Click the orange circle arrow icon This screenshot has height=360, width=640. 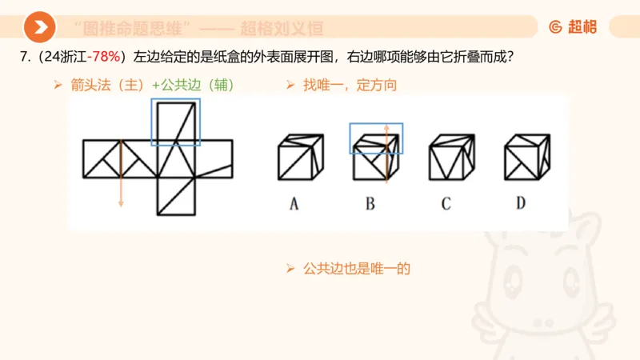(38, 27)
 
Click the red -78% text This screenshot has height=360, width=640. (104, 58)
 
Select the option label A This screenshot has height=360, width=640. (294, 203)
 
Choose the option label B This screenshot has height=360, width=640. (370, 203)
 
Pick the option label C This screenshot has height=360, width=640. (446, 203)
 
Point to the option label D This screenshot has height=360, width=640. (521, 203)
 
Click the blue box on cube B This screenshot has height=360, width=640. (376, 138)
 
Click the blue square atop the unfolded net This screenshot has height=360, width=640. (175, 122)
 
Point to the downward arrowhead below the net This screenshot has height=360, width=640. (121, 204)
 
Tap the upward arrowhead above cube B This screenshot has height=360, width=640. (387, 126)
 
